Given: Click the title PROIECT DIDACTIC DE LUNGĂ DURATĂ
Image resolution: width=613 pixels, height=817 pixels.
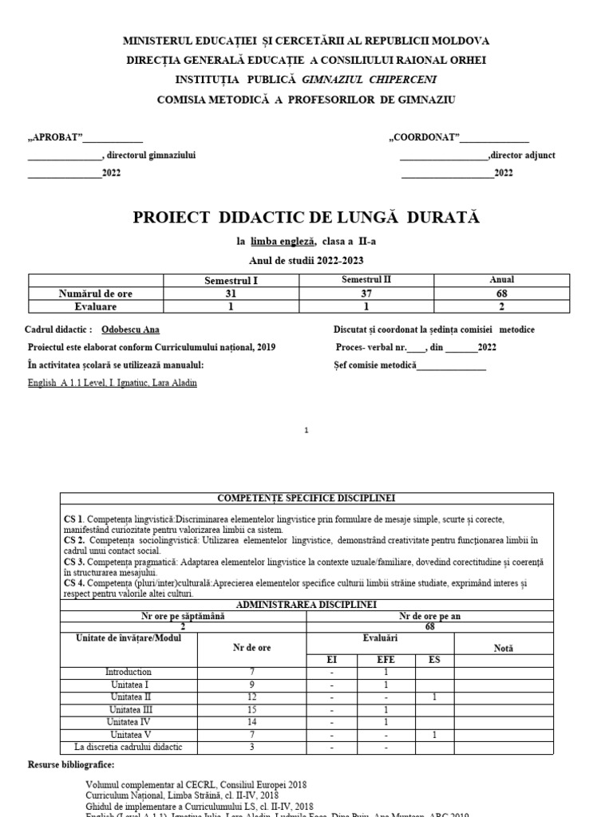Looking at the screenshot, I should (x=306, y=218).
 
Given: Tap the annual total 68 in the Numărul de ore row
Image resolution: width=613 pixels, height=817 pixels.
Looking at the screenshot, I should (x=501, y=293).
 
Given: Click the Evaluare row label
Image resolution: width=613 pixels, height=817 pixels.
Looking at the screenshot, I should (x=96, y=306).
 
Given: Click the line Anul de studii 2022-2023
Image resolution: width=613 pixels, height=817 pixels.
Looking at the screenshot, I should (x=306, y=261).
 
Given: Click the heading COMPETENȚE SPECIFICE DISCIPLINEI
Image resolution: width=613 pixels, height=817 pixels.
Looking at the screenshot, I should (x=306, y=498).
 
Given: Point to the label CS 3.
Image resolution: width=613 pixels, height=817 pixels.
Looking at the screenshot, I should (x=74, y=562).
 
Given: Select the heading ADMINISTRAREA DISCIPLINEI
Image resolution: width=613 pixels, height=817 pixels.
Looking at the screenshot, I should (x=306, y=605).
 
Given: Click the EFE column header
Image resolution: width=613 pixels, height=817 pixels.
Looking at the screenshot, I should (x=386, y=660).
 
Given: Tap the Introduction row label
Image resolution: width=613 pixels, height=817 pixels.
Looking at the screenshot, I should (x=128, y=672).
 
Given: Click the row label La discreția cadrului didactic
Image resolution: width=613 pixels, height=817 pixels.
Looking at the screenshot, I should (x=128, y=747).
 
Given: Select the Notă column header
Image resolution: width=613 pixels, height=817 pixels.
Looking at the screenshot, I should (x=504, y=648).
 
